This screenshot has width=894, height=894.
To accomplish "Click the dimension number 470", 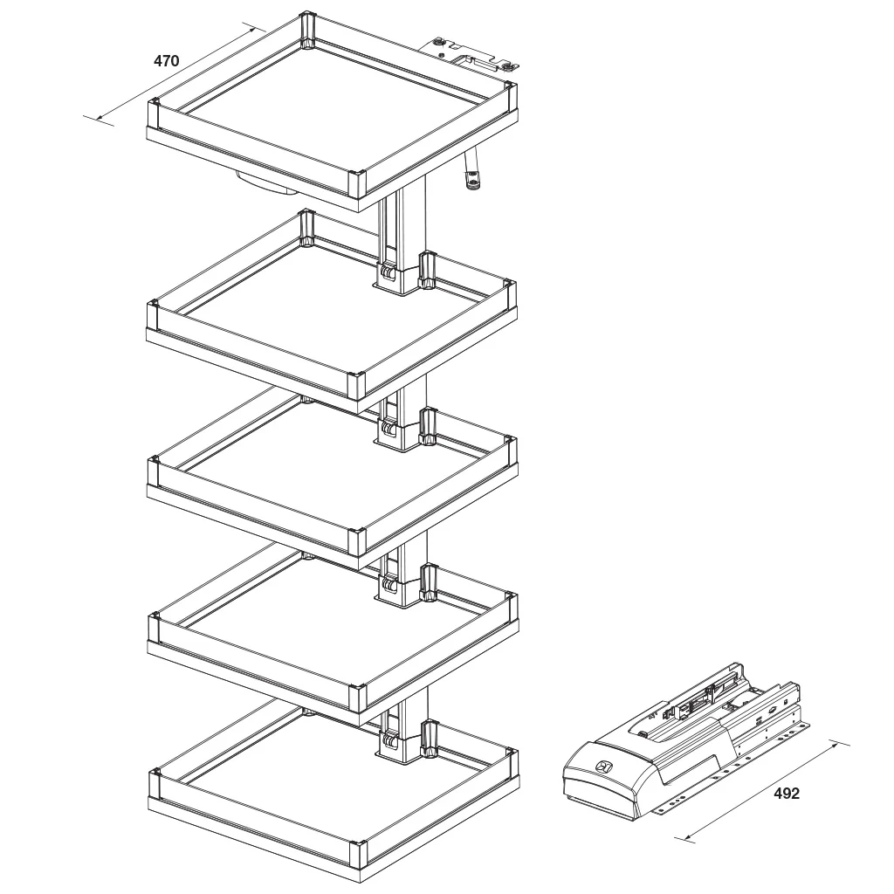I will (x=166, y=61).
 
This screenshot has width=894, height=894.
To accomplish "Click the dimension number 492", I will (x=786, y=794).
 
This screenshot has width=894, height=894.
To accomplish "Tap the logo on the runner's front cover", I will (x=602, y=767).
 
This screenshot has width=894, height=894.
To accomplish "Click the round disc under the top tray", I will (x=262, y=182).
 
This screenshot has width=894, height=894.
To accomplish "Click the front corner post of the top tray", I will (x=358, y=185).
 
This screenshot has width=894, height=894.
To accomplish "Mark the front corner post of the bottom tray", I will (x=358, y=856).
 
